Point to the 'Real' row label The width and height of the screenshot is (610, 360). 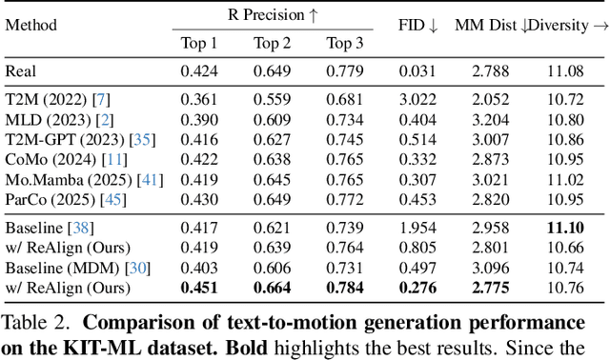22,70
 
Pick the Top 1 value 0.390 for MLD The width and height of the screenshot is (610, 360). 199,119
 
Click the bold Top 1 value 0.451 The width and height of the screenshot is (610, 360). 199,287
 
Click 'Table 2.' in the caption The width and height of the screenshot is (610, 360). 34,320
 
